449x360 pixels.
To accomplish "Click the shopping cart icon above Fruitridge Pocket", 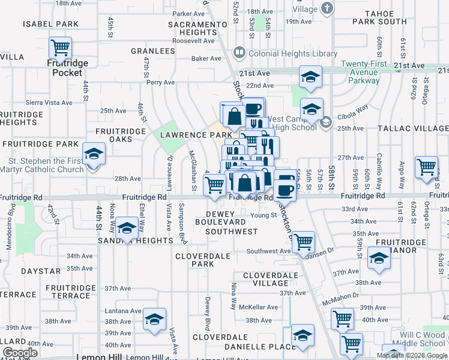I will point(60,47).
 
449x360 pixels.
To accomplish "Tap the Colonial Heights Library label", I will point(293,53).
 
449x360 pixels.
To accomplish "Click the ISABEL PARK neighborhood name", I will point(50,24).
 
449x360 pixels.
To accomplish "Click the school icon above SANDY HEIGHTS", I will point(126,227).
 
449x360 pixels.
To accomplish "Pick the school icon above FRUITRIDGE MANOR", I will point(379,258).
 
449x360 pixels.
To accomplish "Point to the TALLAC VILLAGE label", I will point(414,128).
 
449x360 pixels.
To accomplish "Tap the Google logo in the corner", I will point(20,353).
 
